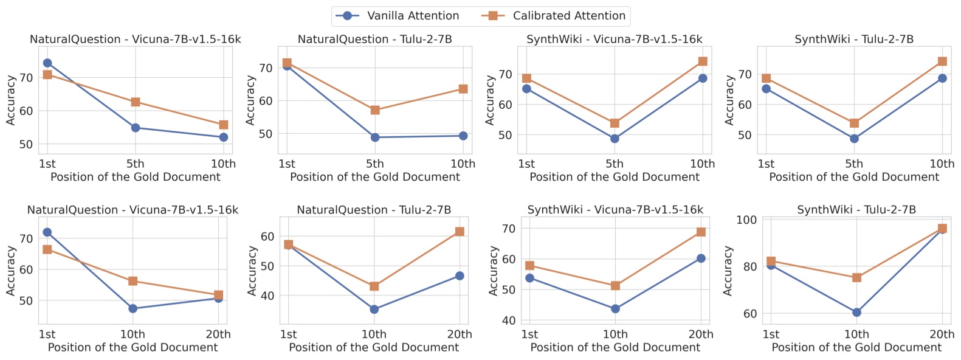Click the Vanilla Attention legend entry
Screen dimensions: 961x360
[x=399, y=16]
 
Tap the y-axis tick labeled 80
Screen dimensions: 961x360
[x=749, y=267]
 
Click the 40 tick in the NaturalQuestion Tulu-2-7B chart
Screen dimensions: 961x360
[x=267, y=296]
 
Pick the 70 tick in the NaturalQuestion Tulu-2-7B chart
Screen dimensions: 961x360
[x=266, y=68]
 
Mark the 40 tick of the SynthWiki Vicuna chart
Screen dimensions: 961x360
[x=509, y=320]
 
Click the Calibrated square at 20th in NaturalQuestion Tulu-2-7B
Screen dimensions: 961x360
[x=460, y=232]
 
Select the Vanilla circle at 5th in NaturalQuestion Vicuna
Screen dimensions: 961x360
[x=136, y=128]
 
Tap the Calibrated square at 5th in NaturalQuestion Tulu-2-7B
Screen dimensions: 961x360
[x=375, y=110]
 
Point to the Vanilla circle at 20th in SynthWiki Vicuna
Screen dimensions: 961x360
[x=701, y=258]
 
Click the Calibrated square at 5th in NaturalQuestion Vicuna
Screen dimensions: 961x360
[x=136, y=102]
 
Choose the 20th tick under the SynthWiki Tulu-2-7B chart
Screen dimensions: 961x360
[x=942, y=334]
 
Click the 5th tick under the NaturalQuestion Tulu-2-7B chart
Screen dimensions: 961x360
[x=375, y=164]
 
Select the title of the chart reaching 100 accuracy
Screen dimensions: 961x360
[x=856, y=210]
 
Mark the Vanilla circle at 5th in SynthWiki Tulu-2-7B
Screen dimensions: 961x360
[x=854, y=139]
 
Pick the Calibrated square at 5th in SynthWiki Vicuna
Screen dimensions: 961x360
[x=615, y=123]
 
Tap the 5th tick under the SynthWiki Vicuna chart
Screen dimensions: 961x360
[x=615, y=164]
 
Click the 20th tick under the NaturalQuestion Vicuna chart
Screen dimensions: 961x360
[x=218, y=334]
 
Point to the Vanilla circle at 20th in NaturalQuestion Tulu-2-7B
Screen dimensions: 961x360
[x=460, y=276]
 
